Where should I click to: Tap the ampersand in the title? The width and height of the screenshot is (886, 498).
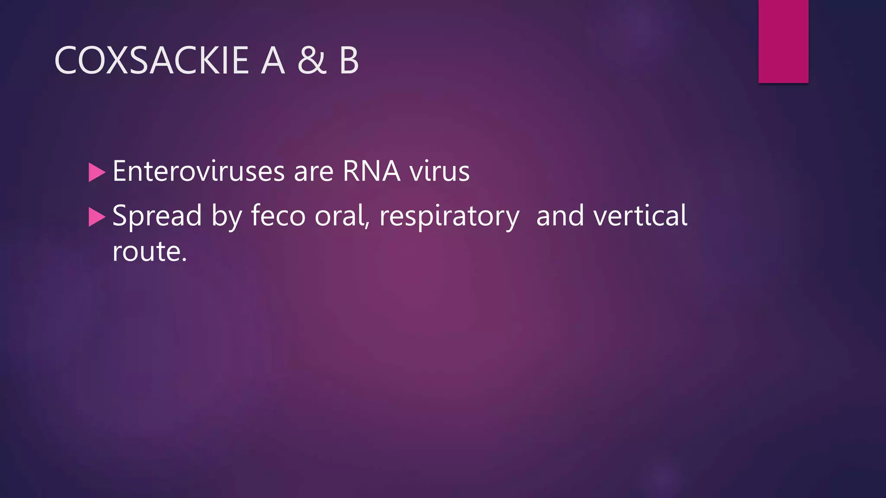[311, 61]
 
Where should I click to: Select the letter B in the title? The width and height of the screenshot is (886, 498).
[349, 61]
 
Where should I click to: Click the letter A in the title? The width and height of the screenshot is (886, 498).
[273, 61]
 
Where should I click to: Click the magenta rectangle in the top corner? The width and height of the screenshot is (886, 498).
[783, 41]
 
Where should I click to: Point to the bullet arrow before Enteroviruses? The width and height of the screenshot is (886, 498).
[96, 172]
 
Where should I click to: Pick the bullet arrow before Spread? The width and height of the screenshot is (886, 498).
[96, 217]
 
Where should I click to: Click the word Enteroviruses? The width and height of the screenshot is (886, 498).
[199, 171]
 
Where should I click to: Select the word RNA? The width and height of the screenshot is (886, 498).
[371, 171]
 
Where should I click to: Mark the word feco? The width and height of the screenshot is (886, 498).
[278, 215]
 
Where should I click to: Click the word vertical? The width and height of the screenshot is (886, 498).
[640, 215]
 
